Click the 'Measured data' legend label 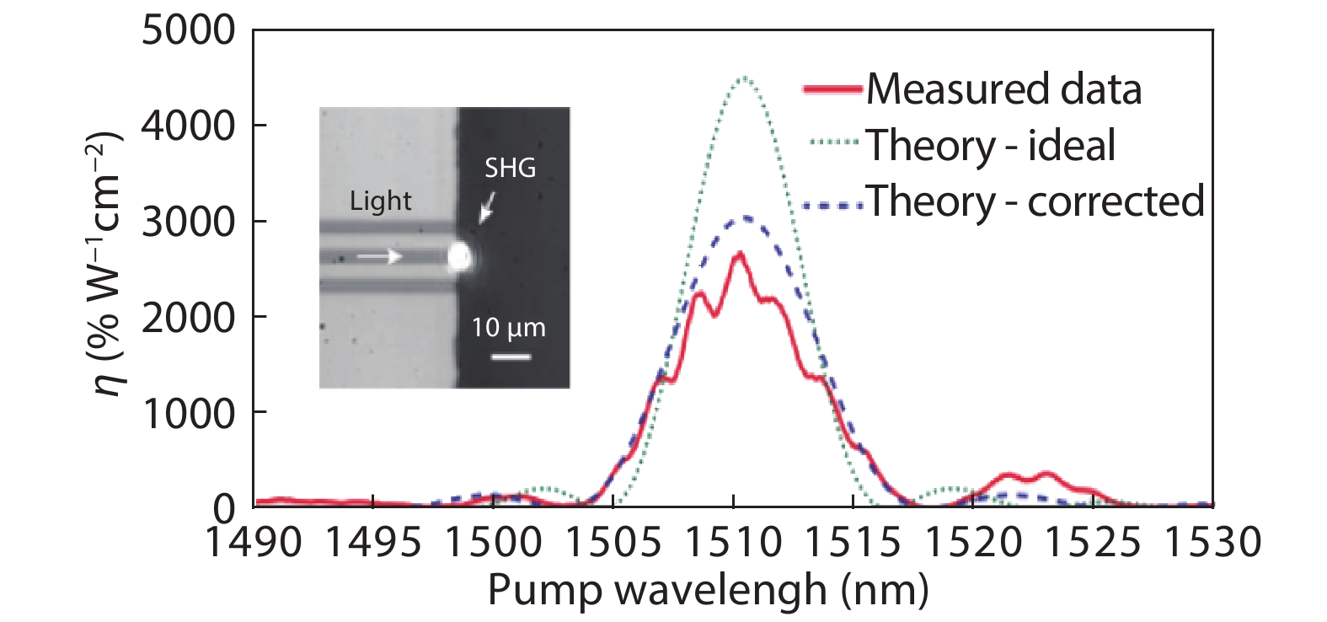1003,88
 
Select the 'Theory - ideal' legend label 991,145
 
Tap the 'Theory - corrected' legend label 1035,201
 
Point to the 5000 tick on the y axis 189,30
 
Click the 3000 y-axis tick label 189,222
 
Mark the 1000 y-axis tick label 189,413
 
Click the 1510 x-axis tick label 734,542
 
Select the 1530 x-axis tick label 1212,542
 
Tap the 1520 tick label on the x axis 973,542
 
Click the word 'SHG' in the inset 510,169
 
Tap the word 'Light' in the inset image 381,201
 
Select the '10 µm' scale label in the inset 508,327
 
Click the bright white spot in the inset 459,255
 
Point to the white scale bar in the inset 511,357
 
